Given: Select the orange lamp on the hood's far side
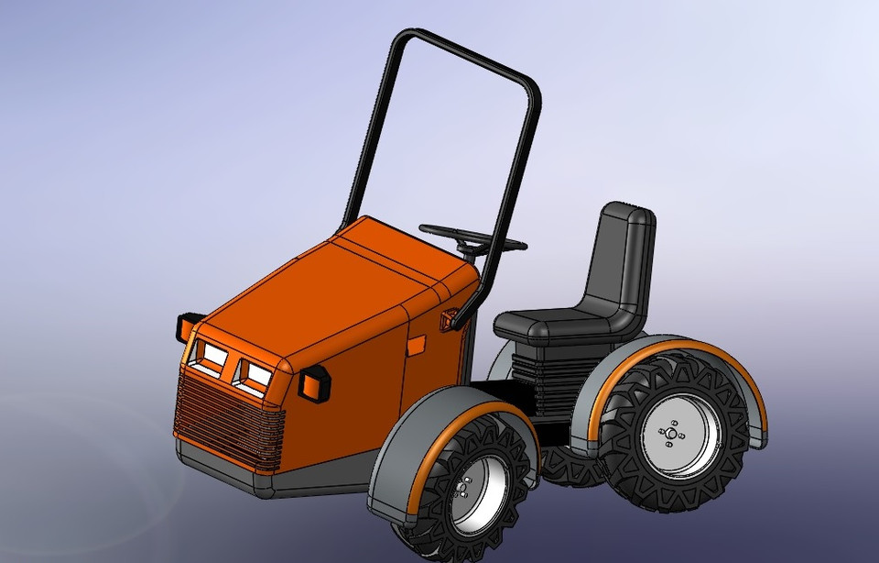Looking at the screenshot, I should [x=189, y=325].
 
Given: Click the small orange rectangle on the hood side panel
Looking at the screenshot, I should [x=417, y=346].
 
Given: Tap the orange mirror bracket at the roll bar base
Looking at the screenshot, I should [x=449, y=320].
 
